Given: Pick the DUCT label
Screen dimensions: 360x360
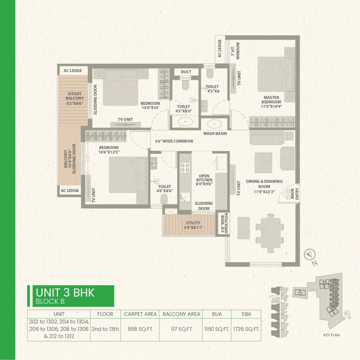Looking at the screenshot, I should pyautogui.click(x=186, y=72).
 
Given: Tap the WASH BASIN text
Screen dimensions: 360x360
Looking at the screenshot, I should pyautogui.click(x=215, y=134).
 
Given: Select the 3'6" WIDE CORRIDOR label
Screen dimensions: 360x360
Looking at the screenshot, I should pyautogui.click(x=174, y=141).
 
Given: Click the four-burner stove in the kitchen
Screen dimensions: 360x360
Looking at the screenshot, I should pyautogui.click(x=185, y=169).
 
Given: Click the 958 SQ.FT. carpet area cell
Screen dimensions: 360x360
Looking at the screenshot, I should pyautogui.click(x=140, y=329).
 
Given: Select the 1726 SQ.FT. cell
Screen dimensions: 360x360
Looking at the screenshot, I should pyautogui.click(x=246, y=329).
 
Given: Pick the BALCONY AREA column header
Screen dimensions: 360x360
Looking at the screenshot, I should pyautogui.click(x=181, y=314).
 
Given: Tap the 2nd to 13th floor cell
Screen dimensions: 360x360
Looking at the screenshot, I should pyautogui.click(x=105, y=329).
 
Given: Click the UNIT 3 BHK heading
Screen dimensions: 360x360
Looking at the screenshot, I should pyautogui.click(x=65, y=292).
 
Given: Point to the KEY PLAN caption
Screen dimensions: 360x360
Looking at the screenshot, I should pyautogui.click(x=332, y=335).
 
